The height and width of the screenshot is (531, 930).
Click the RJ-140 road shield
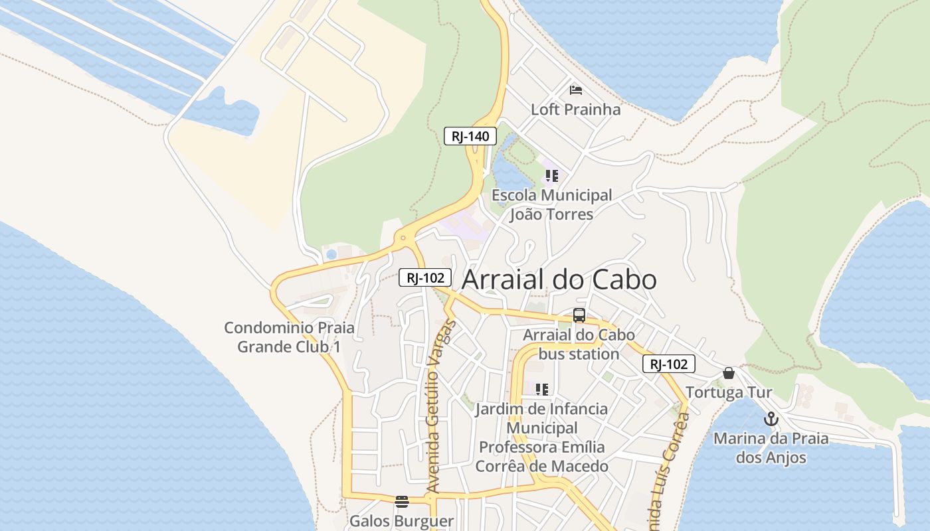pos(470,136)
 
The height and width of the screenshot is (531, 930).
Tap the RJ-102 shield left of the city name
pos(425,277)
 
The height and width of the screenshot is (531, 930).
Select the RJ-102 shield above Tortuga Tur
pos(668,364)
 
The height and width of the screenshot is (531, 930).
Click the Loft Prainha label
pos(575,110)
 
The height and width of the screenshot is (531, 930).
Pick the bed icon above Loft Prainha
pos(575,90)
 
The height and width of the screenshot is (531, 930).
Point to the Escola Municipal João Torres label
pos(551,204)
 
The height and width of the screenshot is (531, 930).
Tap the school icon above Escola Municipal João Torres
pos(551,176)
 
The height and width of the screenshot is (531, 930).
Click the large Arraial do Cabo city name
pos(559,279)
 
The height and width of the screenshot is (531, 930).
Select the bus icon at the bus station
pos(579,315)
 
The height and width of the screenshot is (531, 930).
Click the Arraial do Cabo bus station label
pos(579,344)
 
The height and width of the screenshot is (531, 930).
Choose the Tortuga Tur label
pos(729,392)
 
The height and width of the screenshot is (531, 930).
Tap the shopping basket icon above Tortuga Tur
pos(729,373)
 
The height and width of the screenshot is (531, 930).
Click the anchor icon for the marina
pos(771,419)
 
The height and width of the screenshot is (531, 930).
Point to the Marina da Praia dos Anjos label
pos(771,448)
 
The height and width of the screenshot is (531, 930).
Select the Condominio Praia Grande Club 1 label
pos(289,337)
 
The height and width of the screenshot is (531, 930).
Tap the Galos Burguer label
pos(401,521)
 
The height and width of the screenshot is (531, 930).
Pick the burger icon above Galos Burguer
pos(401,501)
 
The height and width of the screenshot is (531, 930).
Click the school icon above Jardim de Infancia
pos(541,389)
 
